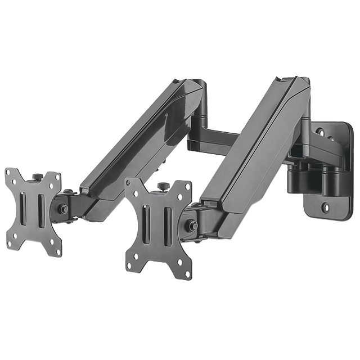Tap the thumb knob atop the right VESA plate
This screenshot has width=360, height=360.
coord(163,187)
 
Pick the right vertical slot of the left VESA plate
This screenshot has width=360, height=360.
coord(41,211)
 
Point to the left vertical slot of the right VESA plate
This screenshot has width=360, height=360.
coord(146,223)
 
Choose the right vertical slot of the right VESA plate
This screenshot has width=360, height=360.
coord(167,226)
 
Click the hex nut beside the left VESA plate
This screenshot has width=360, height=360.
coord(64,209)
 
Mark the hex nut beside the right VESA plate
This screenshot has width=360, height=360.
coord(192,226)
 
